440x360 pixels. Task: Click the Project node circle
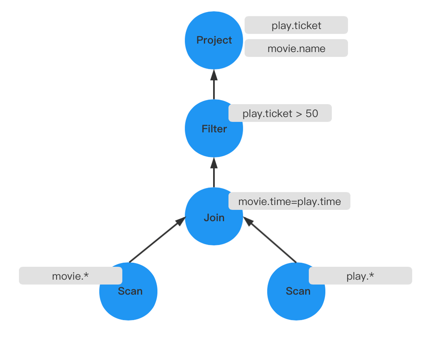coord(214,40)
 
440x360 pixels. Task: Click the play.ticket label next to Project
coord(296,25)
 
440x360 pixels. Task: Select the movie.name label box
coord(296,48)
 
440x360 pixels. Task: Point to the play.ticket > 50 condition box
coord(280,113)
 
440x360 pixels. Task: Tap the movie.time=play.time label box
coord(289,201)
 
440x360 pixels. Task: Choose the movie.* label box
coord(71,276)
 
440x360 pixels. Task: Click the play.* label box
coord(360,276)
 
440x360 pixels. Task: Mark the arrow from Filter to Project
coord(214,85)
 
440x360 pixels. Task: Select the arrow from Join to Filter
coord(214,172)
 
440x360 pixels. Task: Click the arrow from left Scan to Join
coord(157,240)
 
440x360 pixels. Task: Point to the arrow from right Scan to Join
coord(270,240)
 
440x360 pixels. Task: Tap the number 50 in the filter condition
coord(312,113)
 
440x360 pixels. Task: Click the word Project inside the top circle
coord(214,40)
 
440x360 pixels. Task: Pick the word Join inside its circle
coord(214,218)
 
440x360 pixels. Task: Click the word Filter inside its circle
coord(214,129)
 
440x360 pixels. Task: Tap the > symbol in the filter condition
coord(299,114)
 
